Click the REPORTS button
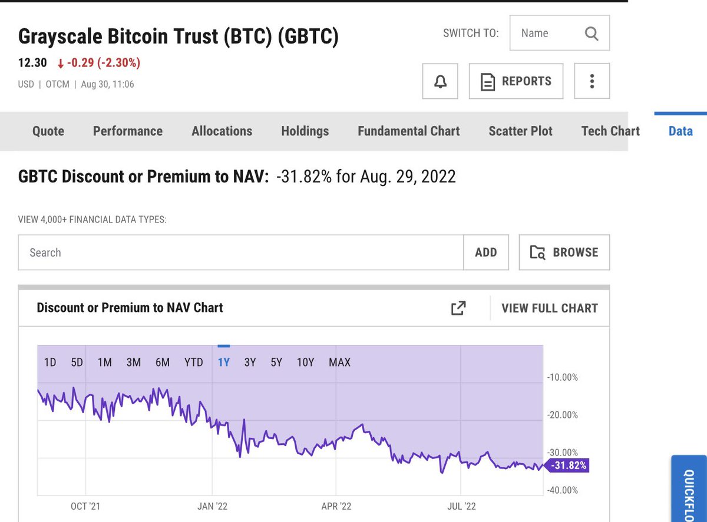click(x=516, y=81)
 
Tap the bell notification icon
click(x=440, y=81)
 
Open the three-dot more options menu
click(x=592, y=81)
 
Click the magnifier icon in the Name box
click(x=592, y=34)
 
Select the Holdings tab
click(x=305, y=131)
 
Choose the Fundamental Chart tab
click(x=408, y=131)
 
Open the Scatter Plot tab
click(x=520, y=131)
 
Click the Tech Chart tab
click(x=610, y=131)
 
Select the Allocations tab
click(x=222, y=131)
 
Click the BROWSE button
click(x=564, y=252)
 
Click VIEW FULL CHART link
click(x=549, y=308)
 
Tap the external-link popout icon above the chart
click(x=458, y=308)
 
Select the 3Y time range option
click(x=250, y=363)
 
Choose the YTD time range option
click(x=193, y=363)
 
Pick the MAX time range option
click(x=339, y=363)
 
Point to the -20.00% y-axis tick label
click(x=563, y=415)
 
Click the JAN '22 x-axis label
click(x=212, y=506)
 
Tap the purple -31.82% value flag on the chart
click(x=567, y=466)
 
